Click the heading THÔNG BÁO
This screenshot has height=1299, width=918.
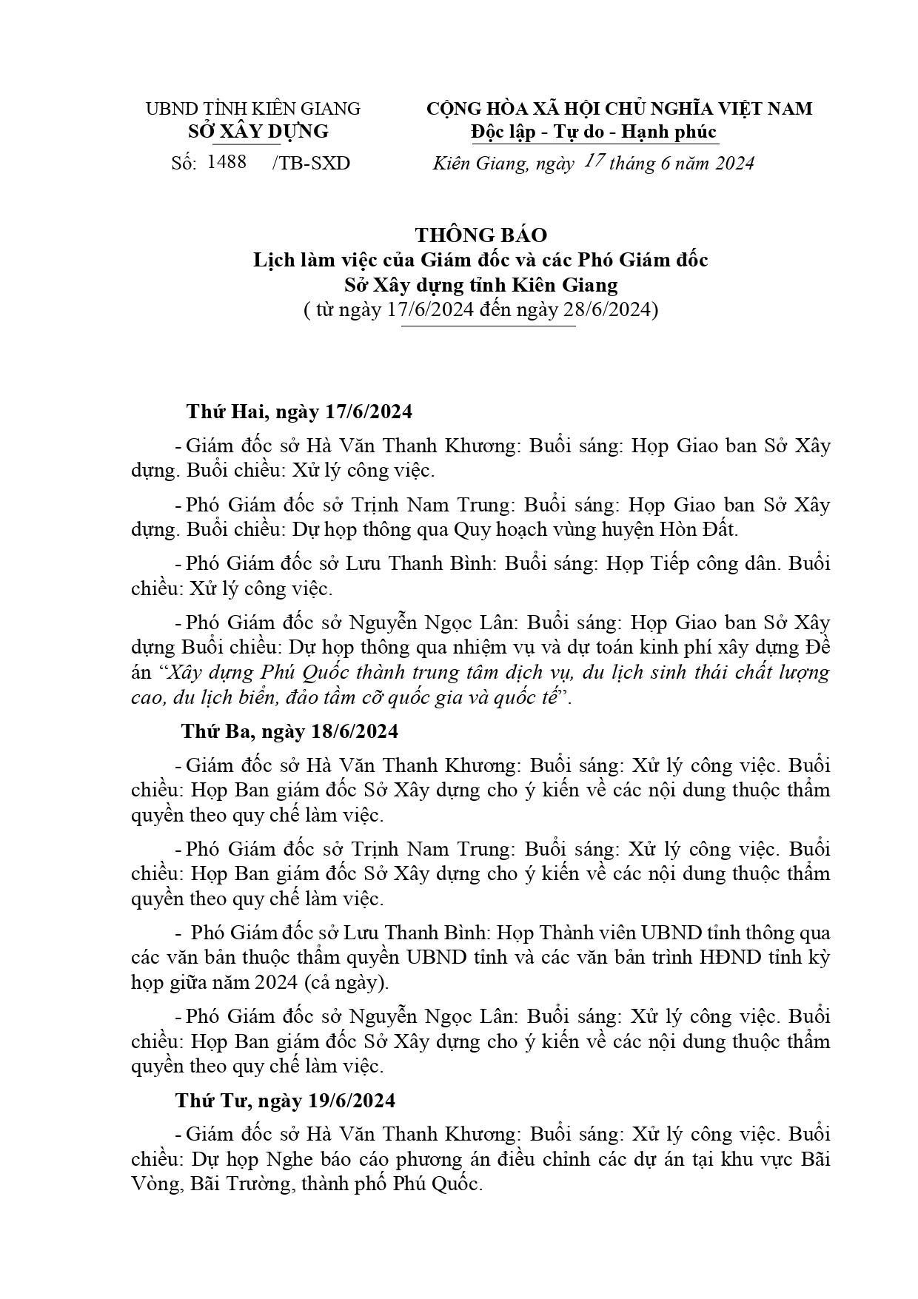(480, 235)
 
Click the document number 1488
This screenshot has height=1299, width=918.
(227, 162)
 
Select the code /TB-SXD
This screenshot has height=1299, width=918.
(311, 163)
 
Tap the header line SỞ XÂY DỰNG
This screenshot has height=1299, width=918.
(258, 132)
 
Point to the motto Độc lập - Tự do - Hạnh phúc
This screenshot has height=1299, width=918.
(594, 132)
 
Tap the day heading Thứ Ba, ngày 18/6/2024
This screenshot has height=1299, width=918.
(290, 731)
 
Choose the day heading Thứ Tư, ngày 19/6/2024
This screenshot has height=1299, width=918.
(285, 1101)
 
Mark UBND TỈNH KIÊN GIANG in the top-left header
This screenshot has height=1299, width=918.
(252, 109)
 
